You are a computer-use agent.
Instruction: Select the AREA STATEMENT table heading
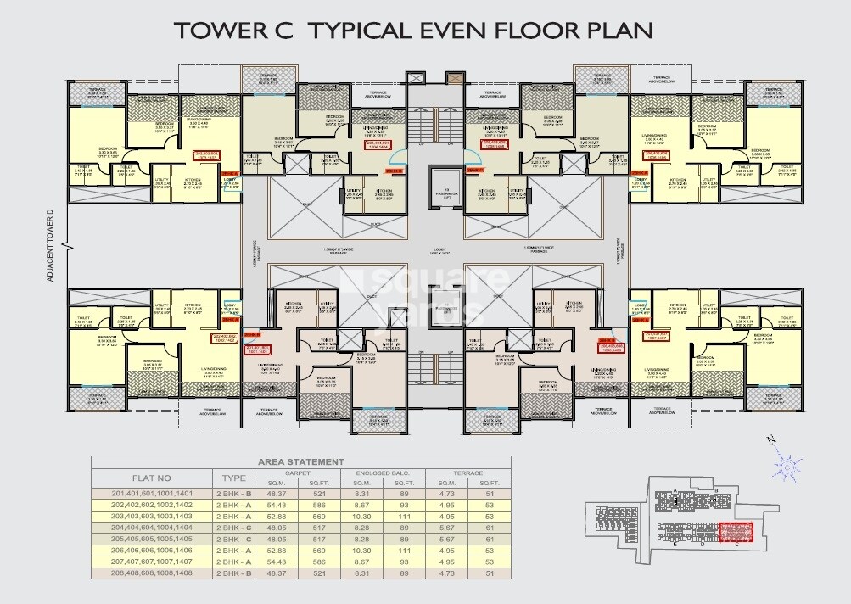click(x=302, y=461)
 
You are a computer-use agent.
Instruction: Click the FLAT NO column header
click(x=152, y=478)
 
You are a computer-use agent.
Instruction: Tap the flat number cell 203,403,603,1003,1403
click(x=152, y=516)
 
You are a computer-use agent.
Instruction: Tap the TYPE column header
click(x=233, y=478)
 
